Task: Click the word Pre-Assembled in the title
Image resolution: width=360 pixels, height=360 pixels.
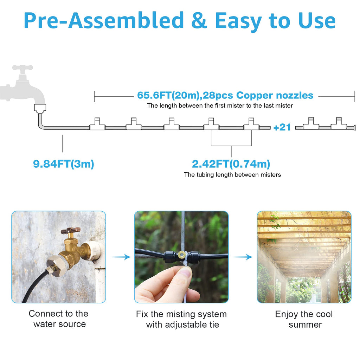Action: [x=104, y=20]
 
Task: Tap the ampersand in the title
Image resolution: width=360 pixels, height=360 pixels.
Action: [x=199, y=20]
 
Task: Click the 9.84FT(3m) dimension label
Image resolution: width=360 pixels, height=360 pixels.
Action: [x=64, y=164]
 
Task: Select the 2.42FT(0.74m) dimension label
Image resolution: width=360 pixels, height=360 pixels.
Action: [x=231, y=164]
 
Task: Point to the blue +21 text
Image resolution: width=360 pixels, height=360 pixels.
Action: [x=282, y=127]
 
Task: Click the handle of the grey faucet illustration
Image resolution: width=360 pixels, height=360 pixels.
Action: [x=22, y=68]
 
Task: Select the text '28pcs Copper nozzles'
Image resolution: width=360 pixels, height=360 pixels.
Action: [x=258, y=95]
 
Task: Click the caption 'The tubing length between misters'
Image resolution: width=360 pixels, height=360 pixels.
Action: [x=232, y=175]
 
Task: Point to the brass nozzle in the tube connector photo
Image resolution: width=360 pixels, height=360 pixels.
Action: [x=182, y=254]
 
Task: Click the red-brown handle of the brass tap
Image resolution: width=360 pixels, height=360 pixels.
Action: [x=71, y=230]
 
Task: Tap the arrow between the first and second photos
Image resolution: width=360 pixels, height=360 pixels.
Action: [x=121, y=257]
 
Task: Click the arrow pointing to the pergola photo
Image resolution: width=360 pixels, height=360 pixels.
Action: [x=243, y=257]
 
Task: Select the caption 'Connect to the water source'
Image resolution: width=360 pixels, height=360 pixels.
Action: [x=59, y=319]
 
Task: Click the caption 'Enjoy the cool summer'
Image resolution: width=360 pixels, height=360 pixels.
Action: [x=304, y=319]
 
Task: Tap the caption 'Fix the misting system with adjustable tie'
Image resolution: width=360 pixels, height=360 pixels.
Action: [x=181, y=319]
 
